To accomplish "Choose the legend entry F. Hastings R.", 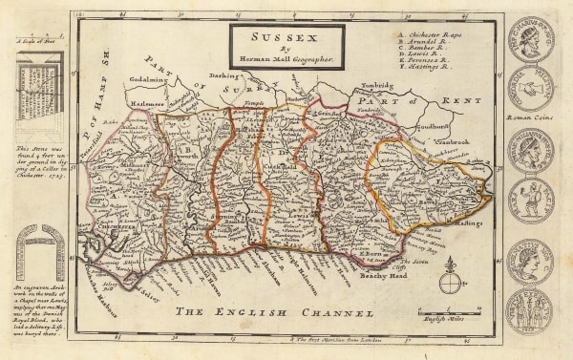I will (426, 69).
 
